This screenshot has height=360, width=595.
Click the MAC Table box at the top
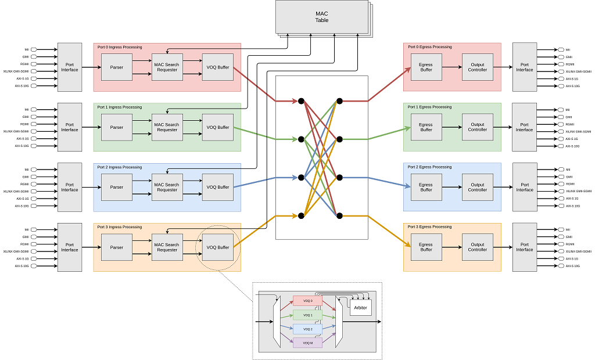pyautogui.click(x=321, y=16)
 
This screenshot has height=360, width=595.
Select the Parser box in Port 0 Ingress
pyautogui.click(x=116, y=67)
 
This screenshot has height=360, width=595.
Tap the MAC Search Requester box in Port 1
pyautogui.click(x=167, y=127)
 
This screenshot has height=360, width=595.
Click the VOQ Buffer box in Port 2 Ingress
pyautogui.click(x=218, y=187)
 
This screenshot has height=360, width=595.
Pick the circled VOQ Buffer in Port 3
pyautogui.click(x=218, y=247)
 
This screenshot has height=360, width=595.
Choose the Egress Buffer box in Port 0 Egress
pyautogui.click(x=426, y=67)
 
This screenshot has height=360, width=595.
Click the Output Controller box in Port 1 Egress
pyautogui.click(x=477, y=127)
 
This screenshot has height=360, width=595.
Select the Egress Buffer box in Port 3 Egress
pyautogui.click(x=426, y=247)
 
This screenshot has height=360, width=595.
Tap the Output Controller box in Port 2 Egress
pyautogui.click(x=477, y=187)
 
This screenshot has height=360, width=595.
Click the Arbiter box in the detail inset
pyautogui.click(x=360, y=307)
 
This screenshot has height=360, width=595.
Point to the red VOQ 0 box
pyautogui.click(x=307, y=301)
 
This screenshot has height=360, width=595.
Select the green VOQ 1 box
pyautogui.click(x=307, y=315)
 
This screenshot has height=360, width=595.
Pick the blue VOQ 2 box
pyautogui.click(x=307, y=329)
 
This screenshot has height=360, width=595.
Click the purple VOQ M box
pyautogui.click(x=307, y=343)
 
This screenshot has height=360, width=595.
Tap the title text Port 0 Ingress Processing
pyautogui.click(x=120, y=47)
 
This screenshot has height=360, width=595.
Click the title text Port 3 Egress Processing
pyautogui.click(x=429, y=227)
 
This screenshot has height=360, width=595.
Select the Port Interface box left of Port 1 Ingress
pyautogui.click(x=70, y=127)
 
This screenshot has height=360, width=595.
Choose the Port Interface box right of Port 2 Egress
pyautogui.click(x=524, y=187)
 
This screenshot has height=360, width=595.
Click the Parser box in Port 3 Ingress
pyautogui.click(x=116, y=247)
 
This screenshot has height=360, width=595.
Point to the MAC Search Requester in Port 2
pyautogui.click(x=167, y=187)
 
